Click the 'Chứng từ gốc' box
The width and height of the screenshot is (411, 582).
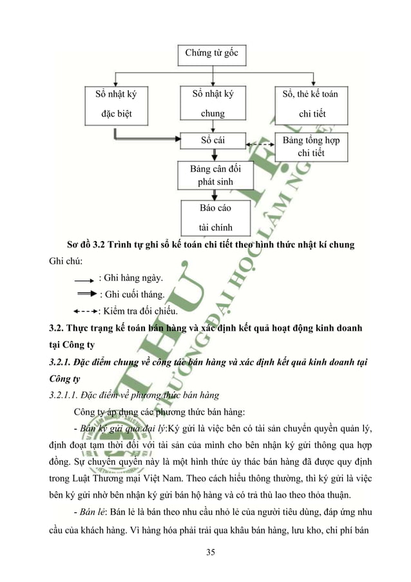(x=212, y=52)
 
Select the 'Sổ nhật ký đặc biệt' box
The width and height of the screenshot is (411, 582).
(x=116, y=104)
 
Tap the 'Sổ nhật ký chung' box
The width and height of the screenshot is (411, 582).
(x=212, y=104)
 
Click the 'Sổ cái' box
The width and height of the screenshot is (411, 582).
(x=212, y=139)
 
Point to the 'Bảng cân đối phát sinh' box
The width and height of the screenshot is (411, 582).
(x=212, y=175)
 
